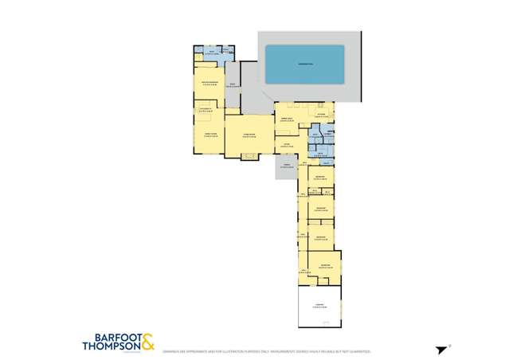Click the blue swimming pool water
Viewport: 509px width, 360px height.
point(303,65)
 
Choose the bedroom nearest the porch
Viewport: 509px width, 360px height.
point(319,177)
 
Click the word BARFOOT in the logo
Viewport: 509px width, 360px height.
point(112,335)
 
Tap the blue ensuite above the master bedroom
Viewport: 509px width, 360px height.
point(213,54)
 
